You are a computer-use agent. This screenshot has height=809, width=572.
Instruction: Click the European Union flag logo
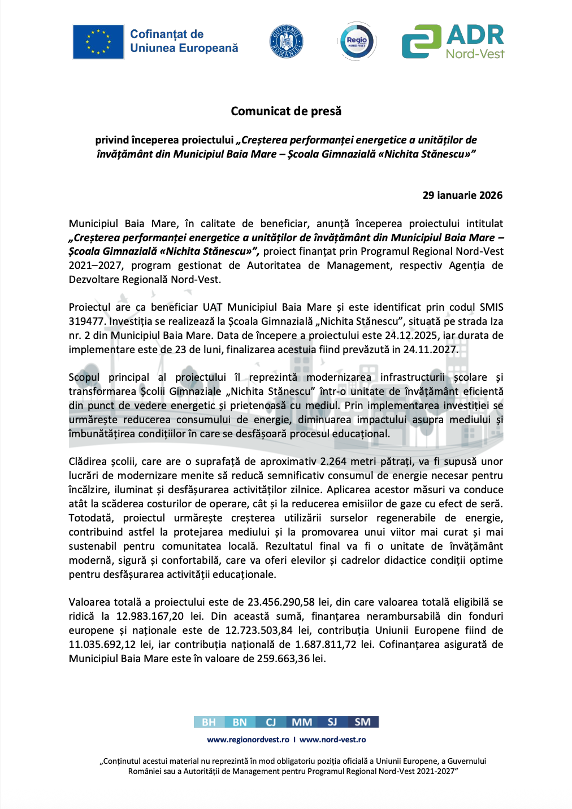(98, 42)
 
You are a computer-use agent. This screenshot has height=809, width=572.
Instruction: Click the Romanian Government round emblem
(287, 42)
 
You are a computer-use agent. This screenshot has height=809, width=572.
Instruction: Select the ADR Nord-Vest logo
(453, 42)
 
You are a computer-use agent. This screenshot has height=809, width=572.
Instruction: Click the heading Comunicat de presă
(286, 111)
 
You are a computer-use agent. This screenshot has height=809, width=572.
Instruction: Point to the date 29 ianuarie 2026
(462, 195)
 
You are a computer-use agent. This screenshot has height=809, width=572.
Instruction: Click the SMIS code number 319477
(87, 321)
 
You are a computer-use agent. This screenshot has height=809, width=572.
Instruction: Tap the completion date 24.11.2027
(430, 350)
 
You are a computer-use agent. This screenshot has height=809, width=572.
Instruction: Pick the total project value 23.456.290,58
(281, 602)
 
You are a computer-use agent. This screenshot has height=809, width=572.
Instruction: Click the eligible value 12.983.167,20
(150, 616)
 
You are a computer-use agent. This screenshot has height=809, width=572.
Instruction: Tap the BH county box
(209, 722)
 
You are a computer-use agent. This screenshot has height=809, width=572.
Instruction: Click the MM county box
(302, 722)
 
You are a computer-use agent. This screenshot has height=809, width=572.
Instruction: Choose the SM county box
(363, 722)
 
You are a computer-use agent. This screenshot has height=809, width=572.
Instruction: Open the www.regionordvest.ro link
(248, 740)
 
